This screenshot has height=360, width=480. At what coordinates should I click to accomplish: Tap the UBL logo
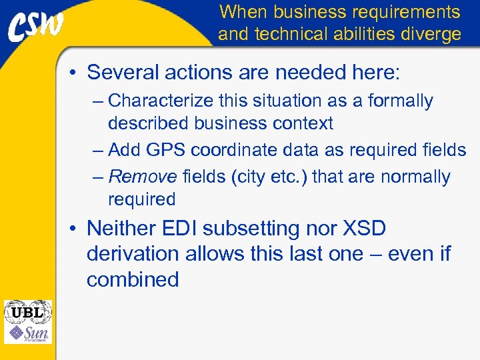(x=27, y=312)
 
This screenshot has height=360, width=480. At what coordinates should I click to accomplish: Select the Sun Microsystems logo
(x=27, y=333)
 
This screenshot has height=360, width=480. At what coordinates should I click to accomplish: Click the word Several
(x=124, y=72)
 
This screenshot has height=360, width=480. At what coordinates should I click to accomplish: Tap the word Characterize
(x=154, y=101)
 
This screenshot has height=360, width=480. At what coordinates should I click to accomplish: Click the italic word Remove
(x=142, y=177)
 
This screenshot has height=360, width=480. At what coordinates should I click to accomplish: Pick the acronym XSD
(x=363, y=229)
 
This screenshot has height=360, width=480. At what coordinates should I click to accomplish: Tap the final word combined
(x=133, y=279)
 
